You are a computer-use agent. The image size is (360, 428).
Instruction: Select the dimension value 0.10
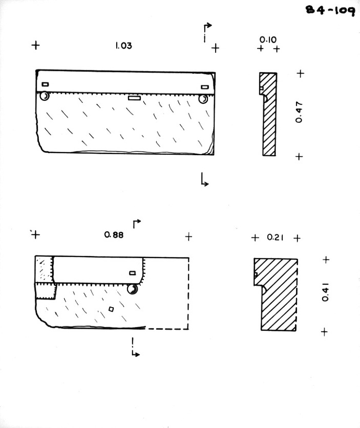coord(268,40)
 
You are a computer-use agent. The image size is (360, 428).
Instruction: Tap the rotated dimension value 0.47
coord(299,112)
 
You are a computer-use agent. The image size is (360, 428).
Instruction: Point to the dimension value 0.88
coord(114,235)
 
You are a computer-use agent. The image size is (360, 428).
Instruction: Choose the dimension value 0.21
coord(276,238)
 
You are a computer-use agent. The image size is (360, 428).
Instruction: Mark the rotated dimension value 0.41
coord(326,292)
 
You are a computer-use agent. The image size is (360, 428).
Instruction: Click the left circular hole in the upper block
coord(44,97)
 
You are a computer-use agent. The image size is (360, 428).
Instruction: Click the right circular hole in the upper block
coord(203,99)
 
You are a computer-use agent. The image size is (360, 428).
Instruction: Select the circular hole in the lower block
coord(133,289)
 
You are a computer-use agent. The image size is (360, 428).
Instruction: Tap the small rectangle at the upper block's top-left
coord(45,84)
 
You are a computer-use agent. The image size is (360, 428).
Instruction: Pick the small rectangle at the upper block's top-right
coord(204,87)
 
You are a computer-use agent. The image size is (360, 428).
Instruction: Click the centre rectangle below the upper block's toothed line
coord(134,98)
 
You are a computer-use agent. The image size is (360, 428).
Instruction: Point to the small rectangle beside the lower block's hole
coord(133,273)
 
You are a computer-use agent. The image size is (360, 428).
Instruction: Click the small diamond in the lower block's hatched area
coord(111,309)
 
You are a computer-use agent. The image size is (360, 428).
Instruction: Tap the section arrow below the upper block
coord(204,180)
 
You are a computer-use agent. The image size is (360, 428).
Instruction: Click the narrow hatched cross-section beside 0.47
coord(268,114)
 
